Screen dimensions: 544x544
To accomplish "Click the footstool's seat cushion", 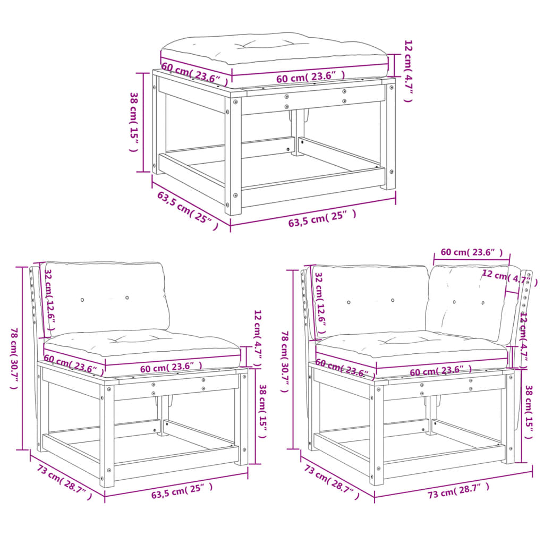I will pyautogui.click(x=274, y=48).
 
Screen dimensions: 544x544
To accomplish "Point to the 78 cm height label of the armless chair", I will pyautogui.click(x=14, y=358).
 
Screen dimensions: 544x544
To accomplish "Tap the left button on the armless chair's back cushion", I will pyautogui.click(x=82, y=300).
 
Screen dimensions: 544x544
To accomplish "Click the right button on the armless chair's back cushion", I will pyautogui.click(x=127, y=297).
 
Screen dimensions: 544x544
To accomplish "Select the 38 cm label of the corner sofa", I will pyautogui.click(x=528, y=412).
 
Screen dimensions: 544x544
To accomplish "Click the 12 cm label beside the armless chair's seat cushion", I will pyautogui.click(x=258, y=340).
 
